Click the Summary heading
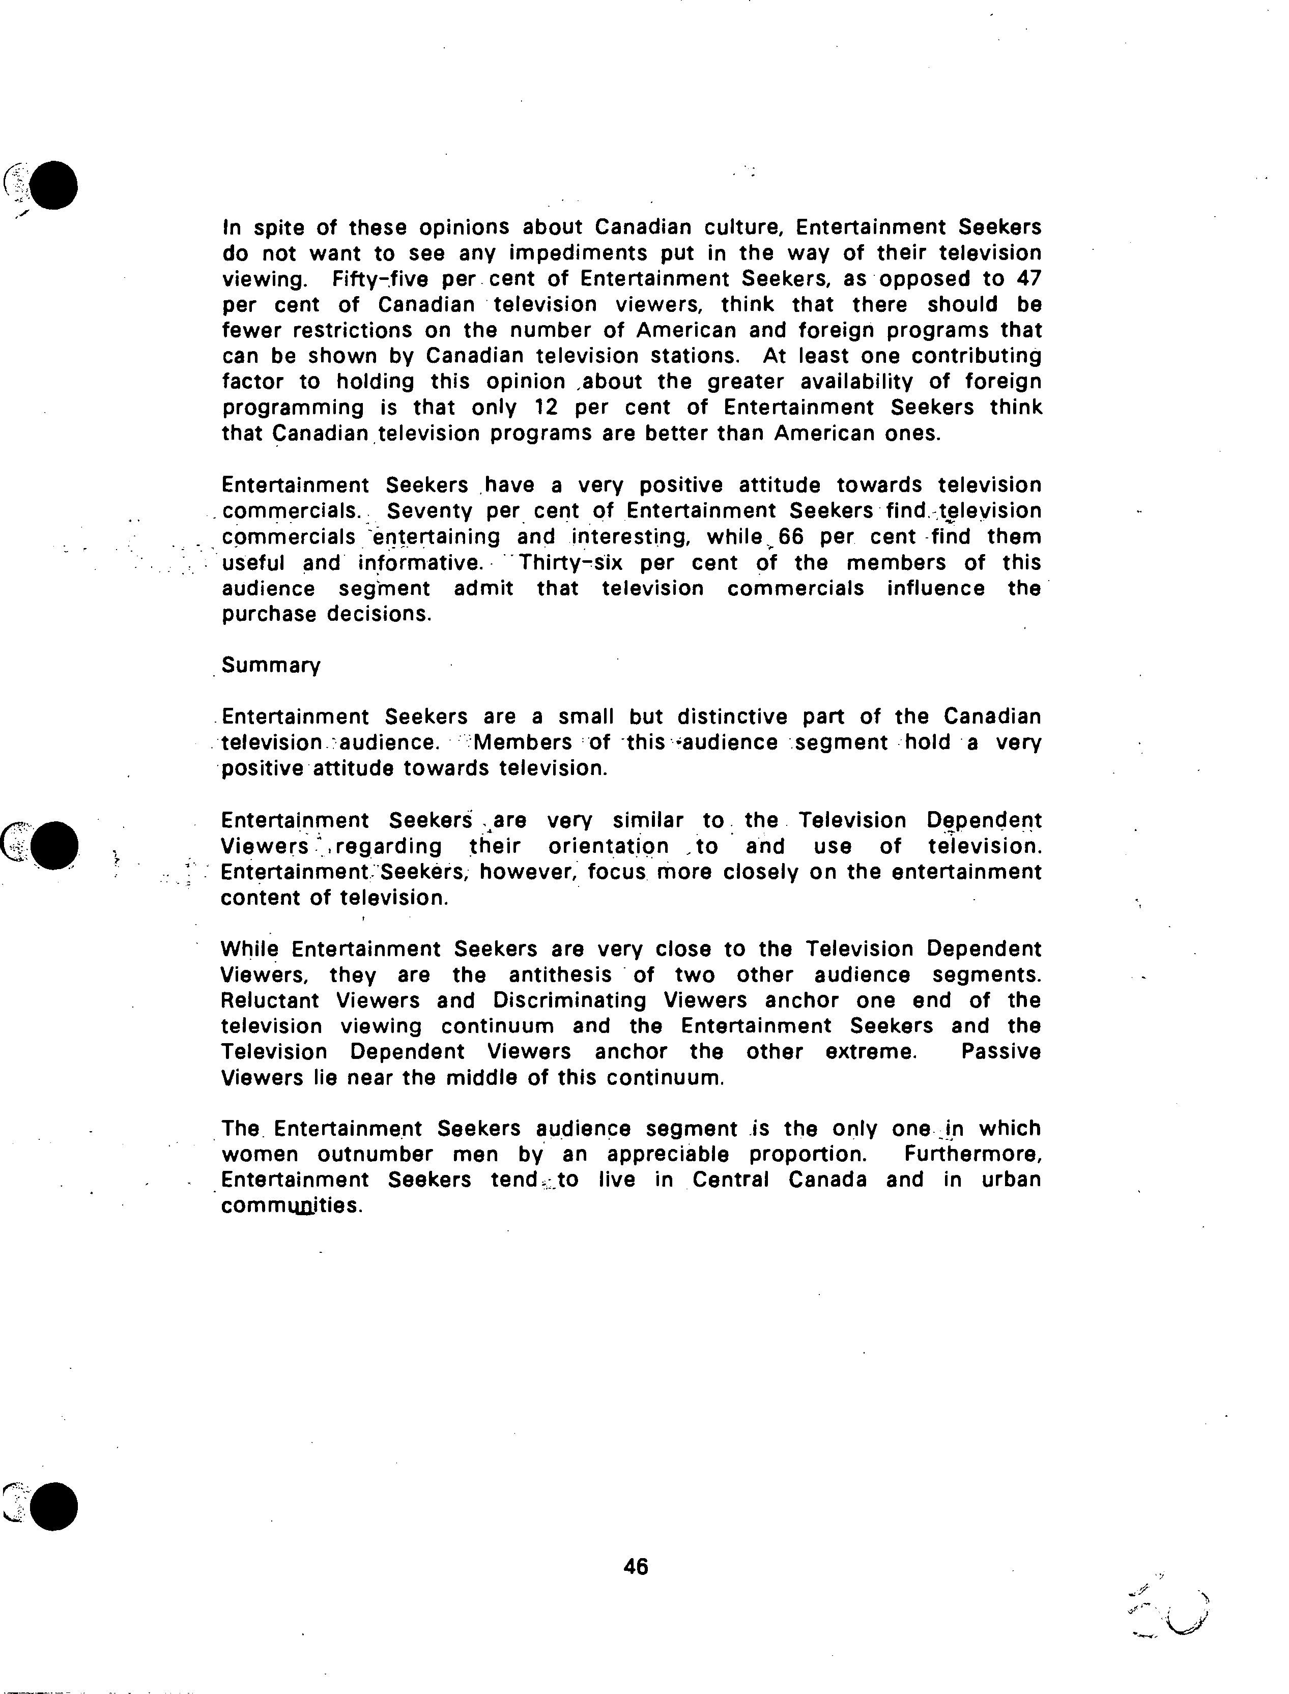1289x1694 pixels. click(270, 666)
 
